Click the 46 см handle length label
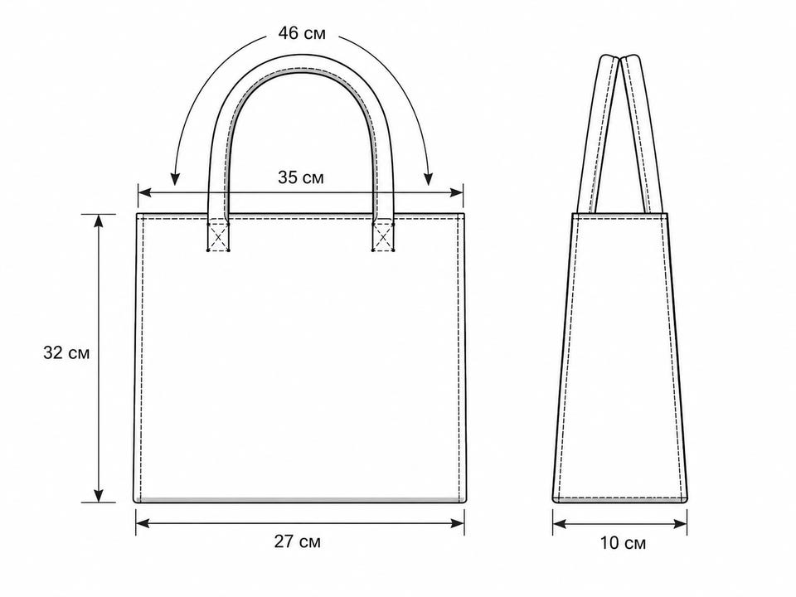(302, 33)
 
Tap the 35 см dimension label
(300, 177)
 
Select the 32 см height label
(66, 353)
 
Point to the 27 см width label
(298, 541)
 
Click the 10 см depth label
(623, 543)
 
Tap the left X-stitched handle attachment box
(218, 236)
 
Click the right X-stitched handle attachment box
(383, 236)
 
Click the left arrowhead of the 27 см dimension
(143, 523)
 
